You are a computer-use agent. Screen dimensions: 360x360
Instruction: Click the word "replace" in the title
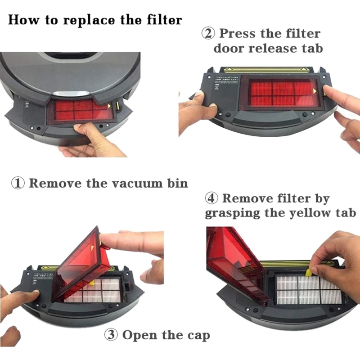pos(88,20)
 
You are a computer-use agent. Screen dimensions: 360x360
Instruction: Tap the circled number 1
pos(18,184)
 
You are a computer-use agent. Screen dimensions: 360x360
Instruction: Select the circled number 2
pos(208,33)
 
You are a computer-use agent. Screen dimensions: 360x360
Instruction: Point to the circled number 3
pos(111,335)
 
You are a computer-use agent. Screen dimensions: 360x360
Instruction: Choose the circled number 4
pos(211,198)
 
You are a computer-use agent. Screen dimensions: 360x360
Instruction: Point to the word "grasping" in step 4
pos(233,213)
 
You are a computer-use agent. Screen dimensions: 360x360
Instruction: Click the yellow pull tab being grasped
pos(309,273)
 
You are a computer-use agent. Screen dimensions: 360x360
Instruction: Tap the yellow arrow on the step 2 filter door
pos(315,91)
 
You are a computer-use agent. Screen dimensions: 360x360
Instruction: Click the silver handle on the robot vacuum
pos(72,93)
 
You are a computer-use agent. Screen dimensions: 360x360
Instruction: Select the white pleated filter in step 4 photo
pos(309,290)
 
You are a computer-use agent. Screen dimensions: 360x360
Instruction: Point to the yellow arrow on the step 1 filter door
pos(109,106)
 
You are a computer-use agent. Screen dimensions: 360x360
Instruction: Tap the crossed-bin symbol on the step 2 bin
pos(217,87)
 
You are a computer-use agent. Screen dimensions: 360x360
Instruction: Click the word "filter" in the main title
pos(164,19)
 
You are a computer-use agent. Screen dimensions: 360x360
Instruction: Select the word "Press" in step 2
pos(238,33)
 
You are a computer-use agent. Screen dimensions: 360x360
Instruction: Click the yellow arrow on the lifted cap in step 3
pos(93,247)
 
